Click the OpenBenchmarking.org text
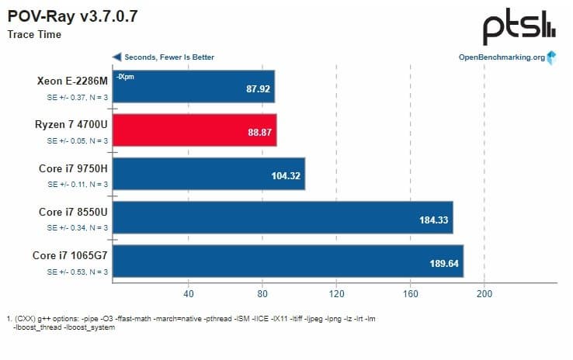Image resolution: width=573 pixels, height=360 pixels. coord(501,57)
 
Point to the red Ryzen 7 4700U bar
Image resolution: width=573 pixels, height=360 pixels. coord(194,130)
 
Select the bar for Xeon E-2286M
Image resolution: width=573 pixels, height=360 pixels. coord(193,86)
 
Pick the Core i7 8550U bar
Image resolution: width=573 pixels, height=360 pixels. coord(283,217)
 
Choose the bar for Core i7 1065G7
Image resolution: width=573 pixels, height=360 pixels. coord(287,261)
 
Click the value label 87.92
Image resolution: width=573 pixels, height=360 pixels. coord(257,89)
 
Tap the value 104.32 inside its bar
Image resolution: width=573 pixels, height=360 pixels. coord(285,176)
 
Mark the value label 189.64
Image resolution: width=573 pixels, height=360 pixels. coord(444,264)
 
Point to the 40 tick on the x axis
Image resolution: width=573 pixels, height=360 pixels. coord(188,293)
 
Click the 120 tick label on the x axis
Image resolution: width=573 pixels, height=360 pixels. coord(336,293)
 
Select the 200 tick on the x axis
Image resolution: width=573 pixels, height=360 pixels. coord(484,293)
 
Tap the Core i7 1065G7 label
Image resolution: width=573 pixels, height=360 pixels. coord(69,255)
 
